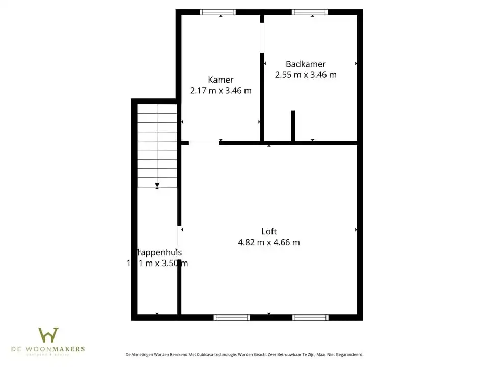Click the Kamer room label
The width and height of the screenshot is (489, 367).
[221, 80]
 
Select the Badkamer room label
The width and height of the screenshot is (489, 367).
[306, 64]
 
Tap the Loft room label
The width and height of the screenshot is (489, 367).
[269, 231]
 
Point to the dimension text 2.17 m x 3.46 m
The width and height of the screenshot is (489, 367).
[221, 91]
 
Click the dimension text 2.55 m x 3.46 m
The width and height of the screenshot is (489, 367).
[306, 75]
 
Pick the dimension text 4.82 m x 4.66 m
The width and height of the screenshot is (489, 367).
[269, 243]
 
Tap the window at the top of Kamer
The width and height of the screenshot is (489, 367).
[218, 12]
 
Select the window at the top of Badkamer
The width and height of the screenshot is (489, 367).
[310, 12]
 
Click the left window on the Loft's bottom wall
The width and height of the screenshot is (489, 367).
[232, 317]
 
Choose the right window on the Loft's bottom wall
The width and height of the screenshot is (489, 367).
[310, 317]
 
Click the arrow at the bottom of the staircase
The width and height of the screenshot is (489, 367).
[157, 185]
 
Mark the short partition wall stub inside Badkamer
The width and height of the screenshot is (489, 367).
[293, 125]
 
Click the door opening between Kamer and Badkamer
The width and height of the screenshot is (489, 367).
[262, 38]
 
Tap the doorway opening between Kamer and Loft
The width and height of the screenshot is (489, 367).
[204, 143]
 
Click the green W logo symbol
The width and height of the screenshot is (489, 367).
[48, 335]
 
